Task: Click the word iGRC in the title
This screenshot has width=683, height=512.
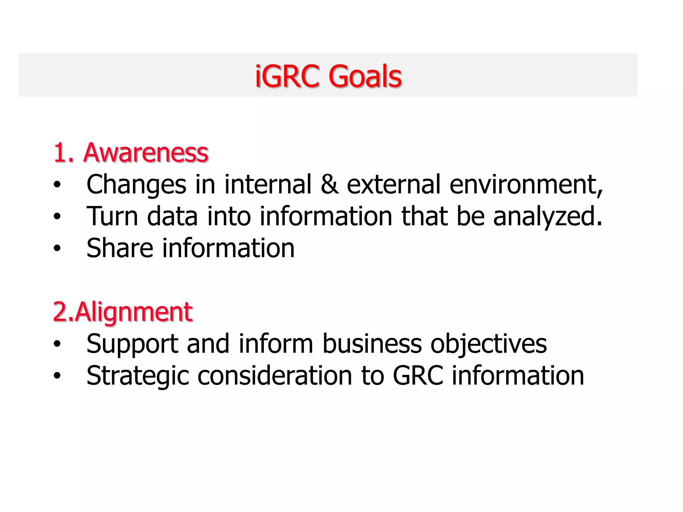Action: pyautogui.click(x=287, y=76)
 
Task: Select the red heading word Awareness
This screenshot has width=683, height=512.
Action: pyautogui.click(x=146, y=153)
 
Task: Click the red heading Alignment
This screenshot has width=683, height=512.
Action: pyautogui.click(x=133, y=312)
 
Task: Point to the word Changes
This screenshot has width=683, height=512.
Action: pyautogui.click(x=136, y=184)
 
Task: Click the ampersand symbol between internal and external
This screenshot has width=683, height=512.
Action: pyautogui.click(x=329, y=184)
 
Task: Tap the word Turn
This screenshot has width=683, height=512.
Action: pyautogui.click(x=112, y=216)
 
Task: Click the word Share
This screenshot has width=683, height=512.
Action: pyautogui.click(x=120, y=248)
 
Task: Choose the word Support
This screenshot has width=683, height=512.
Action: pyautogui.click(x=132, y=344)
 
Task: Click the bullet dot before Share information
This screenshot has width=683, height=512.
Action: pyautogui.click(x=57, y=248)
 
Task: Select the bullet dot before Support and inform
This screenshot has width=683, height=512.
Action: pyautogui.click(x=57, y=344)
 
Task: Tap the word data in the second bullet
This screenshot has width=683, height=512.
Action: pyautogui.click(x=172, y=216)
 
